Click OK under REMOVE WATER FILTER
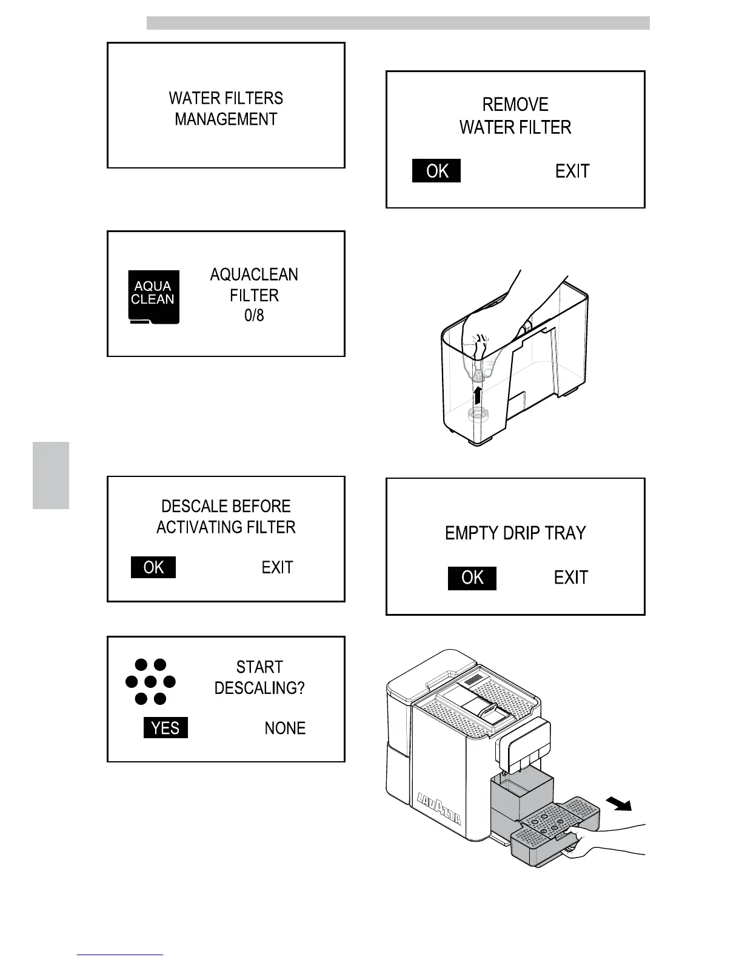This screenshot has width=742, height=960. click(436, 171)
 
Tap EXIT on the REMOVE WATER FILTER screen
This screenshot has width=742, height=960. click(572, 172)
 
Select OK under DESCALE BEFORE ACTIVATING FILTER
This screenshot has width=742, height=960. click(153, 567)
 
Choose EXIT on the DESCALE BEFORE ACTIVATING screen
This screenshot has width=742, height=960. click(277, 568)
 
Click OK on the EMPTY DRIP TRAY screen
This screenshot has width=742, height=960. click(472, 578)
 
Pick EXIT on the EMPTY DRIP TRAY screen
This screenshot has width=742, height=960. click(571, 578)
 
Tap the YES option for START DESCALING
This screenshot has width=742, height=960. click(165, 727)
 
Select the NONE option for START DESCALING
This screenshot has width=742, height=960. click(285, 728)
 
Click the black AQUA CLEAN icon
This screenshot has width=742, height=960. click(154, 296)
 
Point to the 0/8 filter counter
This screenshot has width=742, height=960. click(254, 316)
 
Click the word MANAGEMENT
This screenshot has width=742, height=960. click(226, 119)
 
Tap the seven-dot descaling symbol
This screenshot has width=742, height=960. click(150, 682)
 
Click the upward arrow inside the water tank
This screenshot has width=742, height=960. click(478, 395)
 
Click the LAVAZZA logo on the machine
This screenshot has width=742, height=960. click(439, 809)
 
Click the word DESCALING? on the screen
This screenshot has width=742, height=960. click(259, 688)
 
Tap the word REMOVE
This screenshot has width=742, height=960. click(515, 105)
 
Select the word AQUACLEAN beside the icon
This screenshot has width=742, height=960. click(254, 275)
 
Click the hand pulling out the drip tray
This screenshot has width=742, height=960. click(606, 839)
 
